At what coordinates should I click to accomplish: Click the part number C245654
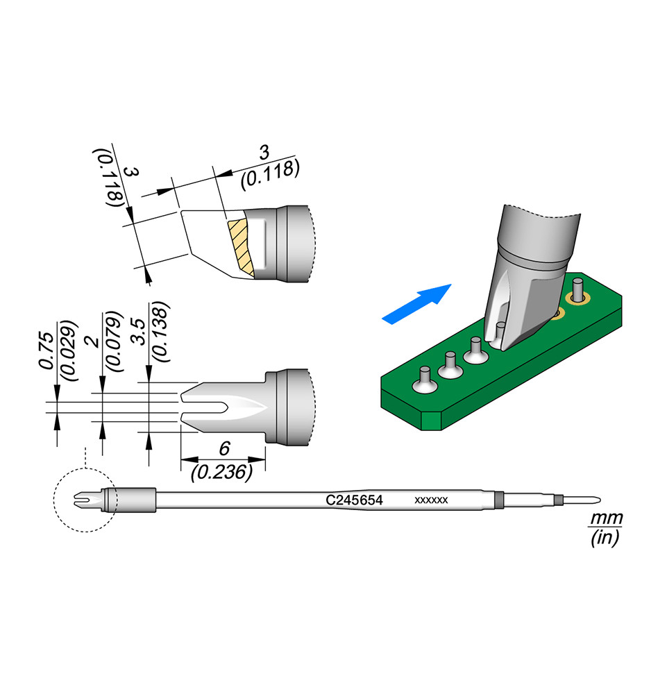coord(354,500)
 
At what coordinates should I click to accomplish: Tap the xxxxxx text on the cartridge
coord(431,500)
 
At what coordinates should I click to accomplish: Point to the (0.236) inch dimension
coord(220,473)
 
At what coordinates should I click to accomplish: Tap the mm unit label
coord(605,518)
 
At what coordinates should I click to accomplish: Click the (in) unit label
coord(605,538)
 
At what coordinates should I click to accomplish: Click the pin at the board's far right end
coord(576,287)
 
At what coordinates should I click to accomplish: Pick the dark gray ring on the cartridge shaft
coord(497,500)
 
